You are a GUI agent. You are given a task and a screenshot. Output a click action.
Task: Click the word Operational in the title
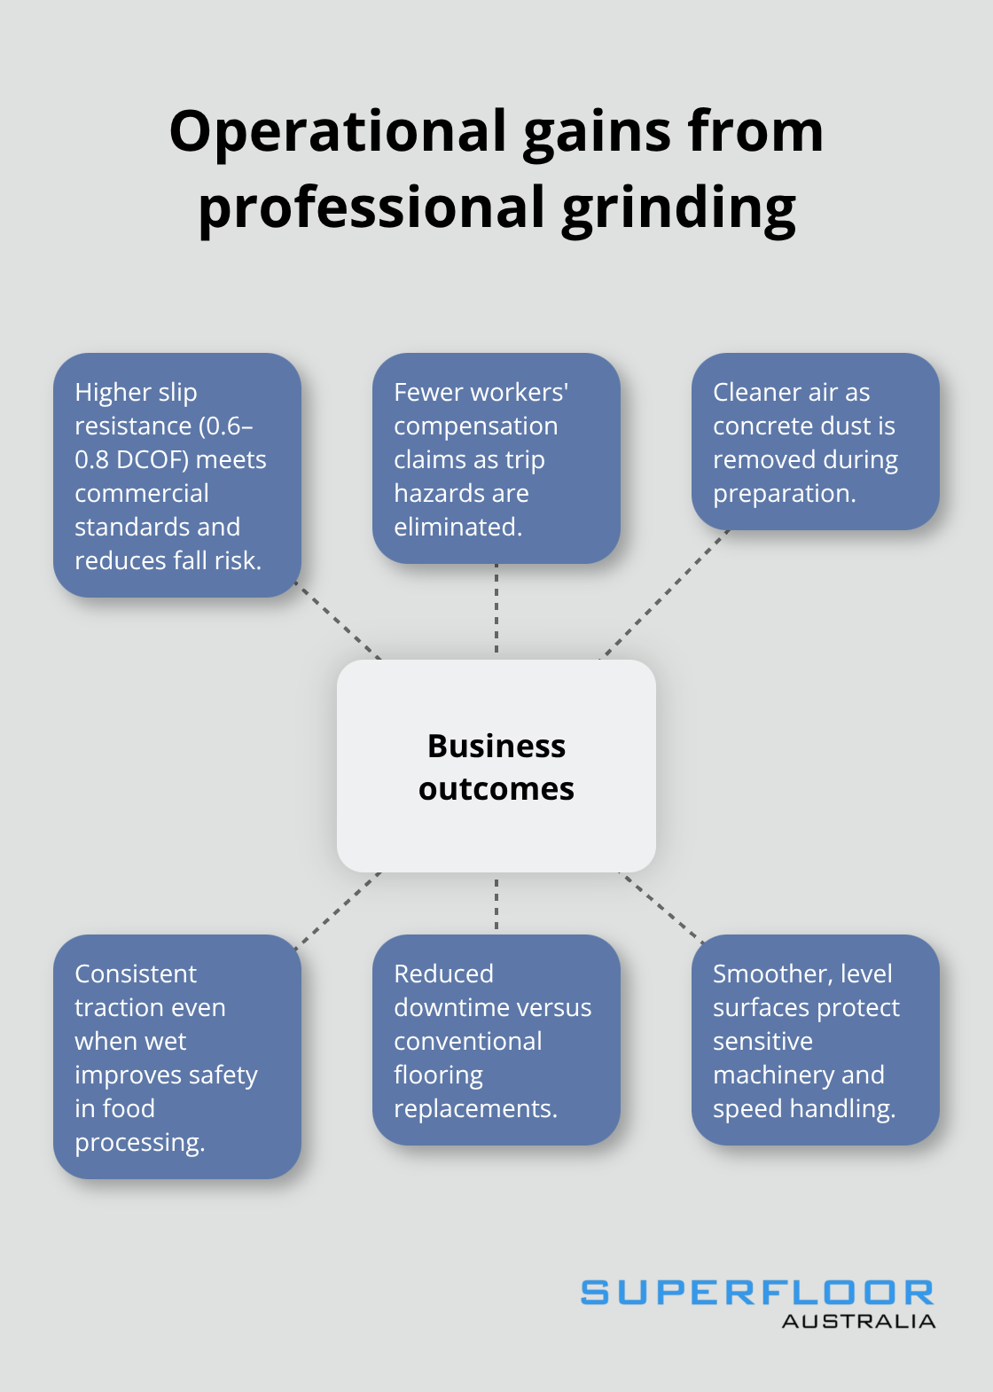coord(338,131)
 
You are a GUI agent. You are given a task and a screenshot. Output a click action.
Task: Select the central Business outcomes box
coord(496,766)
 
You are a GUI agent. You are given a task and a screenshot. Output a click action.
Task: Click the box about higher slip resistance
coord(177,475)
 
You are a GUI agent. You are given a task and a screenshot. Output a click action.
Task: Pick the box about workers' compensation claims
coord(496,458)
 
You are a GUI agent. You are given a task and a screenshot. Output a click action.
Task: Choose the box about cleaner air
coord(815,442)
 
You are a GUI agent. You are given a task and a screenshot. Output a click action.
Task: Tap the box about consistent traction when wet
coord(177,1057)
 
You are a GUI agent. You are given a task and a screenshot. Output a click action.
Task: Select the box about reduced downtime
coord(496,1040)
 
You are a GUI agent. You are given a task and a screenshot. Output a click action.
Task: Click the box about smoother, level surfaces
coord(815,1040)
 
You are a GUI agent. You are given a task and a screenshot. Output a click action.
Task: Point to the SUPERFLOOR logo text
coord(757,1293)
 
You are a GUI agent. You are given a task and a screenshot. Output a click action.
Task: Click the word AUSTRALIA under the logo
coord(858,1321)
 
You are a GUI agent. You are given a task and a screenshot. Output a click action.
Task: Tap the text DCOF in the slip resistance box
coord(152,460)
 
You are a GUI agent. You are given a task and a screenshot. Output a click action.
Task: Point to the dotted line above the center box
coord(496,611)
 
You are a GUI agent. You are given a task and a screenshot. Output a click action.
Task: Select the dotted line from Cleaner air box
coord(665,594)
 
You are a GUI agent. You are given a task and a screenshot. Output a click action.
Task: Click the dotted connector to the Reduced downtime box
coord(496,903)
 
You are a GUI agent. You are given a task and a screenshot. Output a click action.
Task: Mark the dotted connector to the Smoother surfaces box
coord(661,906)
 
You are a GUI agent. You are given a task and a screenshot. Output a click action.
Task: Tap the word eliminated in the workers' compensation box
coord(457,528)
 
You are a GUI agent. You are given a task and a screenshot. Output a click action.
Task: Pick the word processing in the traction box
coord(139,1143)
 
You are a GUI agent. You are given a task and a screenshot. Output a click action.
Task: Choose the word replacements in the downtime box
coord(475,1109)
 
